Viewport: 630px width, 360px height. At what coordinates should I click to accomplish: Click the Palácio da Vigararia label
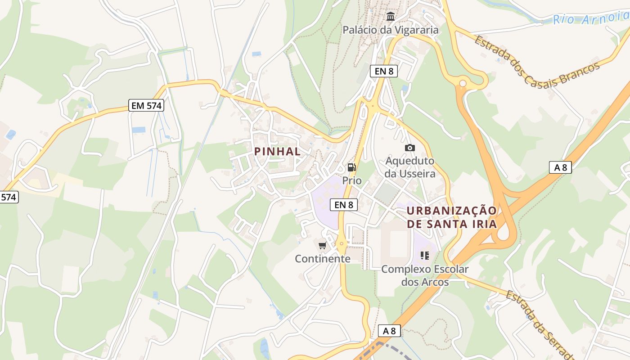tap(390, 30)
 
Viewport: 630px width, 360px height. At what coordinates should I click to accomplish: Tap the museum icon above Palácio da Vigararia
tap(391, 17)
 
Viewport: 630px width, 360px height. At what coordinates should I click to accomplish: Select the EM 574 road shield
tap(146, 106)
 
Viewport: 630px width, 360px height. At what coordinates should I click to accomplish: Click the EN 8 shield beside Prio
tap(344, 205)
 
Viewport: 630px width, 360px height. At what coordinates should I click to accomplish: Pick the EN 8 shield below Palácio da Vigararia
tap(384, 71)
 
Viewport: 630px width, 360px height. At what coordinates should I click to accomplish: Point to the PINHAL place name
tap(277, 152)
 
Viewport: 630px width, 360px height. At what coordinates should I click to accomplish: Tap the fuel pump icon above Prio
tap(351, 167)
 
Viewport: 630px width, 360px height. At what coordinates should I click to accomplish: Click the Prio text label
tap(352, 180)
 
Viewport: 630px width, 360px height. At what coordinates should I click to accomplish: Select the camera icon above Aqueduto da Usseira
tap(409, 148)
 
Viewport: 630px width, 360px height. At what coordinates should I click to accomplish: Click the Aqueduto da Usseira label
tap(410, 167)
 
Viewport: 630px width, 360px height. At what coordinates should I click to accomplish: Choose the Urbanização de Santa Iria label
tap(452, 217)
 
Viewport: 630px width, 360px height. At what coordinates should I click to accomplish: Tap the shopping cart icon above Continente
tap(322, 245)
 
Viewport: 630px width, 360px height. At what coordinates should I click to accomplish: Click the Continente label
tap(322, 259)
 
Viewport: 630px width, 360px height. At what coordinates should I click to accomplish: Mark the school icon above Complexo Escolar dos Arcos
tap(424, 256)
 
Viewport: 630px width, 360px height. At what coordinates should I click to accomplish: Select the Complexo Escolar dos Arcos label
tap(425, 275)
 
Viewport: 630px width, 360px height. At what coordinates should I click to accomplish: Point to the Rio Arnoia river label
tap(589, 19)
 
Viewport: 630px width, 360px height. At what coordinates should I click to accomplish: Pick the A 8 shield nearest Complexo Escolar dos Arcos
tap(389, 331)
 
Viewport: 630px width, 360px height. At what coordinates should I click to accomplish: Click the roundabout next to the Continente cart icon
tap(342, 244)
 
